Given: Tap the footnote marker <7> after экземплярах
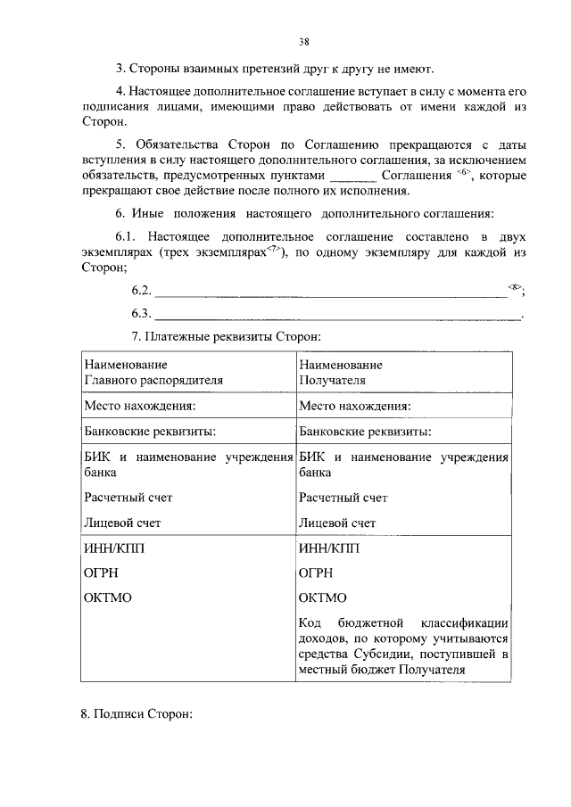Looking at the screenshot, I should (275, 251).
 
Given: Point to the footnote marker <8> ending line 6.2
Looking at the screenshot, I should (515, 286).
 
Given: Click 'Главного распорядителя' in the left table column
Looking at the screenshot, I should (153, 379).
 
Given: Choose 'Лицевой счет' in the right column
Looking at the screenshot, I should (337, 523).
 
